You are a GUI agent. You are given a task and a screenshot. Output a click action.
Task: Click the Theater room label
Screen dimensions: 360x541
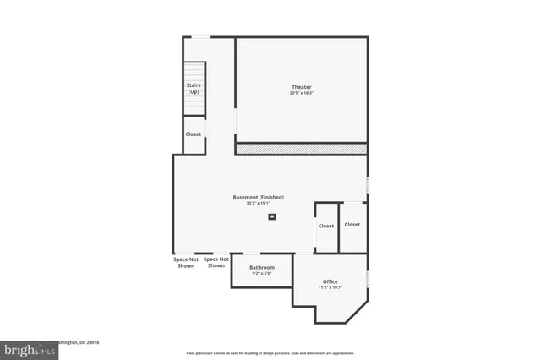click(x=301, y=87)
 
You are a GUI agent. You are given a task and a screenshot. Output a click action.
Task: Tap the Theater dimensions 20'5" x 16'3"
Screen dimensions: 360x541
click(x=301, y=93)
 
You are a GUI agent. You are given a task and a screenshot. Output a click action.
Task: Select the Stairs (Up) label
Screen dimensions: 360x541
click(x=194, y=88)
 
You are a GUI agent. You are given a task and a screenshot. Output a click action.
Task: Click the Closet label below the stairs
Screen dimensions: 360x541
click(x=194, y=134)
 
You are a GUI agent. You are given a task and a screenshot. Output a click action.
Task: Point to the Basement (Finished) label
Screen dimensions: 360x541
click(x=259, y=197)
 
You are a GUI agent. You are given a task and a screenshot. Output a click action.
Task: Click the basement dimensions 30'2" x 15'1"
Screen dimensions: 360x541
click(x=259, y=204)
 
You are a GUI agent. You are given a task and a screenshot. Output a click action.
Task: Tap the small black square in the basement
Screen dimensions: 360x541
click(x=272, y=217)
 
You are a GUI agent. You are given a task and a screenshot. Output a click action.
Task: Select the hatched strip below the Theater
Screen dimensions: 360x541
click(x=301, y=149)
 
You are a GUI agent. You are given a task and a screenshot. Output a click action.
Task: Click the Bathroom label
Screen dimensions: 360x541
click(x=262, y=267)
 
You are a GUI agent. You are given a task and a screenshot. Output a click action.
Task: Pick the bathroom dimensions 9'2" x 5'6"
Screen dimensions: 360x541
click(x=262, y=273)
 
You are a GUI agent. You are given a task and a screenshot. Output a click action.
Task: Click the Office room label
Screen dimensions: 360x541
click(x=331, y=281)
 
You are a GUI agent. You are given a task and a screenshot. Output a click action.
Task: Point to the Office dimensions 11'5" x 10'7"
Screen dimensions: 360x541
click(x=331, y=287)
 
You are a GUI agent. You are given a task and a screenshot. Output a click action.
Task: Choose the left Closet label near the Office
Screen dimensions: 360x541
click(x=326, y=226)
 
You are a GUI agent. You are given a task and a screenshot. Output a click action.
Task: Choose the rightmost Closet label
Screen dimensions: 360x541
click(x=352, y=225)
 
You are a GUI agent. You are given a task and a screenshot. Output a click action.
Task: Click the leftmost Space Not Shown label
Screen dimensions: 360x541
click(x=185, y=263)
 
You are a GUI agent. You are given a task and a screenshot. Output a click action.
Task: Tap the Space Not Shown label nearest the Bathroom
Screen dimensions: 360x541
click(x=216, y=263)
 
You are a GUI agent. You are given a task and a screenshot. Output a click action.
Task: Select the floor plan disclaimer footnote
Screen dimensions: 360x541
click(x=270, y=352)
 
